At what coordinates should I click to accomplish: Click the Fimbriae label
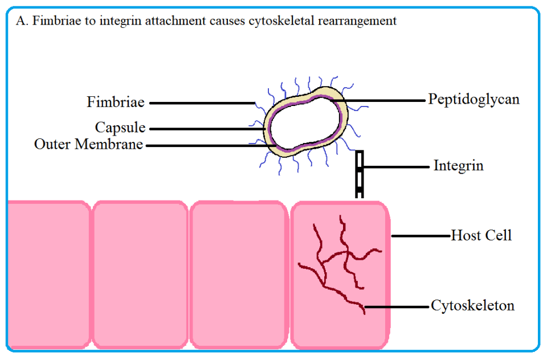click(116, 103)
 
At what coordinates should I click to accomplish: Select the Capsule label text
click(120, 128)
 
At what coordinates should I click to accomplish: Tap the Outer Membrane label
click(88, 144)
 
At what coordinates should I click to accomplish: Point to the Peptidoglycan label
click(473, 99)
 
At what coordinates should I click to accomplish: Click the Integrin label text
click(458, 166)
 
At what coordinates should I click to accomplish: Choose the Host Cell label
click(481, 235)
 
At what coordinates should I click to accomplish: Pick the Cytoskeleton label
click(472, 306)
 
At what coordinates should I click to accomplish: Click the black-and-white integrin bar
click(359, 174)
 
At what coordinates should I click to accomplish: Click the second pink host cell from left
click(140, 273)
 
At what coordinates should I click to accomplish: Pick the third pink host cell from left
click(238, 273)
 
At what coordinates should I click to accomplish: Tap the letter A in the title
click(22, 21)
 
